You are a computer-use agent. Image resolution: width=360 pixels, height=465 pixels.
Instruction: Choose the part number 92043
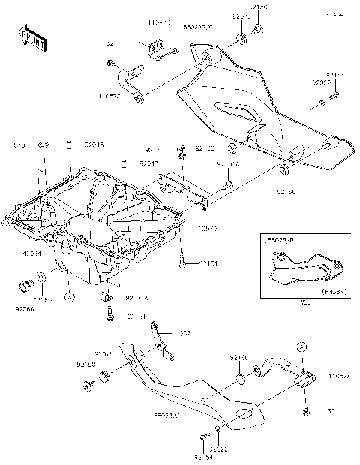pos(148,163)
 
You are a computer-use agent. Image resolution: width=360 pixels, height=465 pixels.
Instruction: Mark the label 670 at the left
pos(20,145)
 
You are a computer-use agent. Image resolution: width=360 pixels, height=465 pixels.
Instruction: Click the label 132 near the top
pos(108,44)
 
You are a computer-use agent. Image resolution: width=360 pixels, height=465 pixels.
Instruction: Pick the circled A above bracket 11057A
pos(301,347)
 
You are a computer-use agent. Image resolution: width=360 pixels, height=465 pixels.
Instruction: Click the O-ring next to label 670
pos(44,144)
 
